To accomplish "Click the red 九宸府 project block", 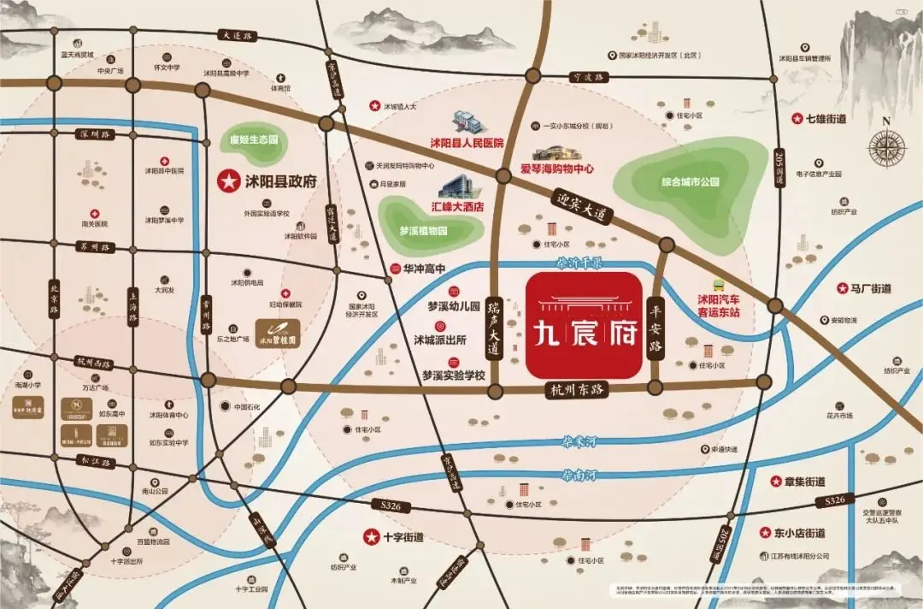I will [x=584, y=325].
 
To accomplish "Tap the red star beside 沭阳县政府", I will [x=228, y=180].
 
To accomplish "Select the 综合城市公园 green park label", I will [x=691, y=182].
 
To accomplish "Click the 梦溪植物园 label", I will [x=423, y=231].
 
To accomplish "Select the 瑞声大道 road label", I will [x=492, y=328].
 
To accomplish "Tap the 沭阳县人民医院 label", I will [x=467, y=143].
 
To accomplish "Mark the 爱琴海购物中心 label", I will [x=557, y=169].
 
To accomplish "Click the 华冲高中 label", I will [x=425, y=268].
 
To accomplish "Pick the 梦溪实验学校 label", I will [x=453, y=375].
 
